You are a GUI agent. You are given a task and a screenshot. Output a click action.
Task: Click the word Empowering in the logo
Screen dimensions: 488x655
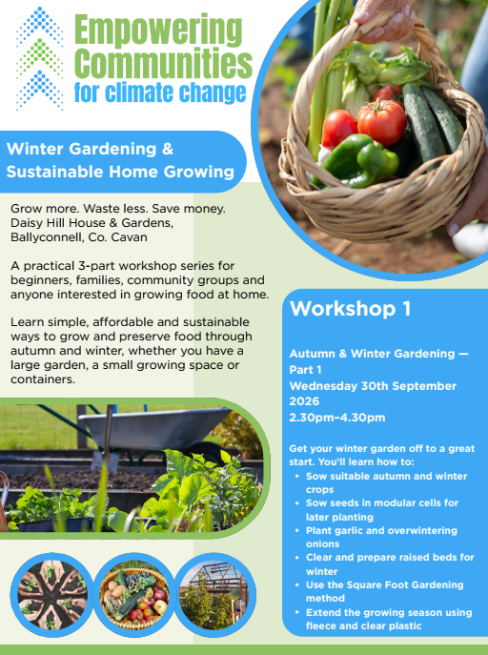point(158,31)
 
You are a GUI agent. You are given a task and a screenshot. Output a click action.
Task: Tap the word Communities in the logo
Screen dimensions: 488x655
point(164,63)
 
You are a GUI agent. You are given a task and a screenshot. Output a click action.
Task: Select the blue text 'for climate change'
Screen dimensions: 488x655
point(160,92)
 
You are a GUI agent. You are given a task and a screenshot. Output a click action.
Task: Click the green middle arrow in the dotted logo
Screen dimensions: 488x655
point(40,58)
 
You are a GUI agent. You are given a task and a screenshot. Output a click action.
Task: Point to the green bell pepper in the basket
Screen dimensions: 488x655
point(356,161)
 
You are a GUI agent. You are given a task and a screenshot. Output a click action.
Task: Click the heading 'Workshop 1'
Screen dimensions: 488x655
point(350,309)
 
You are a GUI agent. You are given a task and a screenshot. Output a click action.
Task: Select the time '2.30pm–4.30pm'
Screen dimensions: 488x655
point(336,418)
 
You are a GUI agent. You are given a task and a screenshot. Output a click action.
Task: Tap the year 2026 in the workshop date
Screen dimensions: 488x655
point(304,401)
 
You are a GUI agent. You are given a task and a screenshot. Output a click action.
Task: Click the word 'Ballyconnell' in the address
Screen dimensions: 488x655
point(47,237)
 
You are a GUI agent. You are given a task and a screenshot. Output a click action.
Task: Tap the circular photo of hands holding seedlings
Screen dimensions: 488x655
point(51,595)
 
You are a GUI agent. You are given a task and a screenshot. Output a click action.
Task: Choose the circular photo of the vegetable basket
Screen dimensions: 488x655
point(133,595)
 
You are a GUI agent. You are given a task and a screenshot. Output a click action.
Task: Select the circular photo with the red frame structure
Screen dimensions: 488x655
point(214,595)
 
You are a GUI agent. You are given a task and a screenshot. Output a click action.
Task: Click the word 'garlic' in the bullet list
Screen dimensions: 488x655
point(346,530)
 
